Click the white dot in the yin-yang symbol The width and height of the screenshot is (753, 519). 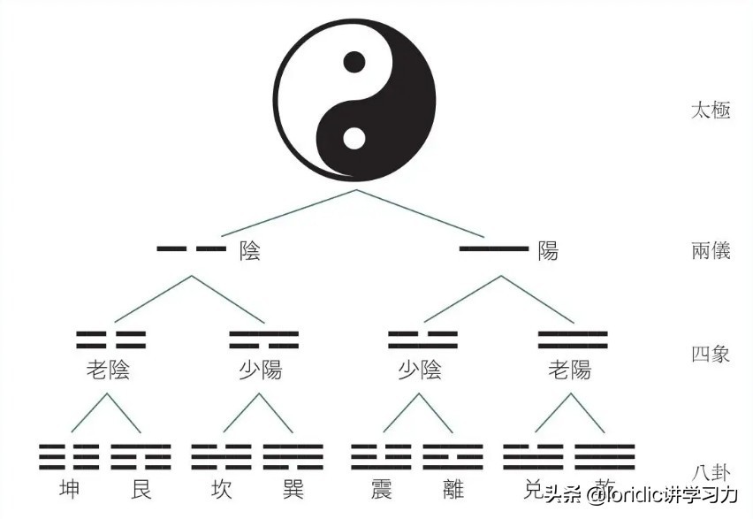pyautogui.click(x=354, y=139)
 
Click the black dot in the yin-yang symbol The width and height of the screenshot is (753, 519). pyautogui.click(x=354, y=62)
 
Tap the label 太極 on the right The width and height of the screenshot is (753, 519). pyautogui.click(x=711, y=111)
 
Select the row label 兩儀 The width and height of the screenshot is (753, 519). pyautogui.click(x=711, y=250)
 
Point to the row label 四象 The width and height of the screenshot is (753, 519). pyautogui.click(x=711, y=355)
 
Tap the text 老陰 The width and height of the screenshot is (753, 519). pyautogui.click(x=109, y=370)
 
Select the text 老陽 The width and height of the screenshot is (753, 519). pyautogui.click(x=570, y=370)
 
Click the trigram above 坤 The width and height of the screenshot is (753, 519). pyautogui.click(x=68, y=454)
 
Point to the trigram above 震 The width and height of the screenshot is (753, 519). pyautogui.click(x=381, y=454)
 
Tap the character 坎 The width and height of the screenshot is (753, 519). pyautogui.click(x=222, y=489)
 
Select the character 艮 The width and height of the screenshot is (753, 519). pyautogui.click(x=141, y=489)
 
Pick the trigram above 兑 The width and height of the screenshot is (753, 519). pyautogui.click(x=533, y=454)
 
